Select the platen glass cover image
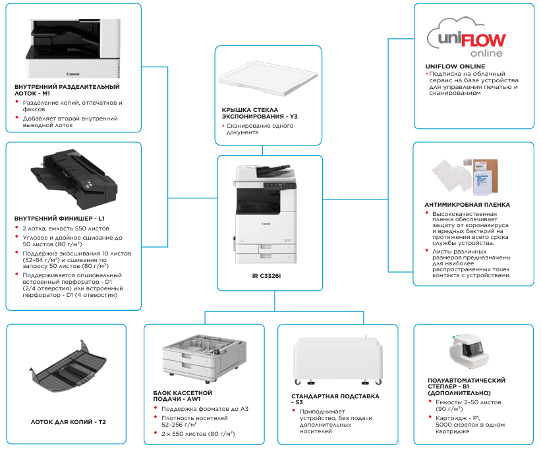[267, 77]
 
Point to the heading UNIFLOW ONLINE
[455, 67]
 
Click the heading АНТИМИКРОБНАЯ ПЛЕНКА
[467, 205]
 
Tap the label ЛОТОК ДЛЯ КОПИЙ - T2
[69, 421]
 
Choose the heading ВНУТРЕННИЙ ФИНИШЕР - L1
[60, 218]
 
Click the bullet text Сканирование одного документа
[260, 129]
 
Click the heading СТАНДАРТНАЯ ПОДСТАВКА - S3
[335, 399]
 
